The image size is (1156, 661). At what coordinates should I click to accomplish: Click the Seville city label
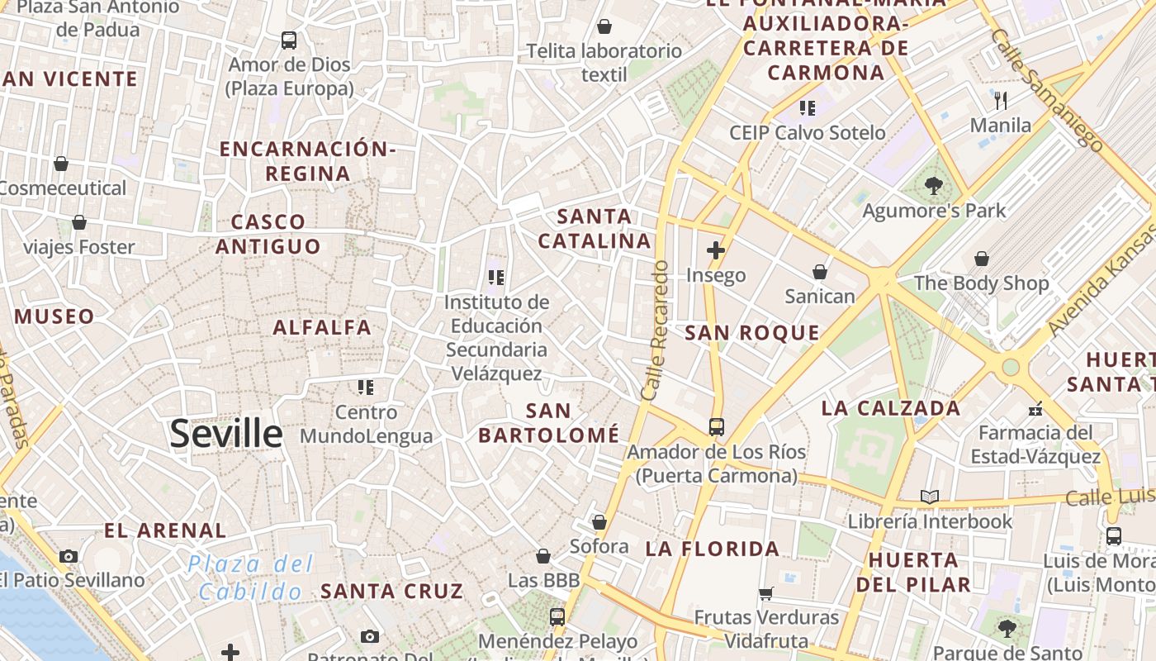pos(225,434)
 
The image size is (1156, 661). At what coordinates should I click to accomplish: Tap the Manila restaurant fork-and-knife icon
pos(1001,101)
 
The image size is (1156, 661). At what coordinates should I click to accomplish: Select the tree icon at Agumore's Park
pos(934,186)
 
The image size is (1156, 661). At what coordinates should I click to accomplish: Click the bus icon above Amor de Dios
pos(289,40)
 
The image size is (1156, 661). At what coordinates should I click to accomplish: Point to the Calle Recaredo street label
pos(653,330)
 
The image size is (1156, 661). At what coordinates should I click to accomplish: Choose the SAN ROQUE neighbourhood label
pos(752,333)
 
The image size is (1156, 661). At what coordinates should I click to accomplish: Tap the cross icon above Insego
pos(716,250)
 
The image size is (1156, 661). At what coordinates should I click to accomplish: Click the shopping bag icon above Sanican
pos(820,272)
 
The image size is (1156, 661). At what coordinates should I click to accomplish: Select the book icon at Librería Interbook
pos(930,497)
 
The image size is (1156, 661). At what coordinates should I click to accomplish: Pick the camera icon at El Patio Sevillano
pos(69,556)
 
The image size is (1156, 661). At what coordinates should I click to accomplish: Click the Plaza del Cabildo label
pos(251,578)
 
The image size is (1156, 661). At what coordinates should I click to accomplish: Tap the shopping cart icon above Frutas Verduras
pos(766,592)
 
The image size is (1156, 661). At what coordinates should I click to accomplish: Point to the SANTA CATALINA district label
pos(595,229)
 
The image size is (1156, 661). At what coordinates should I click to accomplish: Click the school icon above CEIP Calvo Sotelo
pos(807,107)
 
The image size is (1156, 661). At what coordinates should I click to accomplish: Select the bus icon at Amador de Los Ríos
pos(716,427)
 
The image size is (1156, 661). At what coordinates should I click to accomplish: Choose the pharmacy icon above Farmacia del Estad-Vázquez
pos(1035,408)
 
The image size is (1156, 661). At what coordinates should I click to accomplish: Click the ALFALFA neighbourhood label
pos(322,327)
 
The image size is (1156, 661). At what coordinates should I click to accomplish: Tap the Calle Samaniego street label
pos(1047,90)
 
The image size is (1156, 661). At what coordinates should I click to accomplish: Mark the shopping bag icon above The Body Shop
pos(982,259)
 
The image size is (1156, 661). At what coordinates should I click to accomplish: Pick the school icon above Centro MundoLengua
pos(366,387)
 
